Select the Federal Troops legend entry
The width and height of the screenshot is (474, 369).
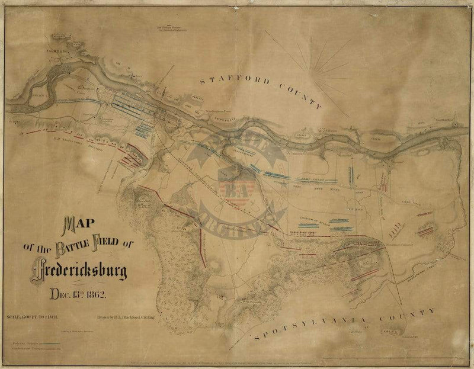tap(33, 342)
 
